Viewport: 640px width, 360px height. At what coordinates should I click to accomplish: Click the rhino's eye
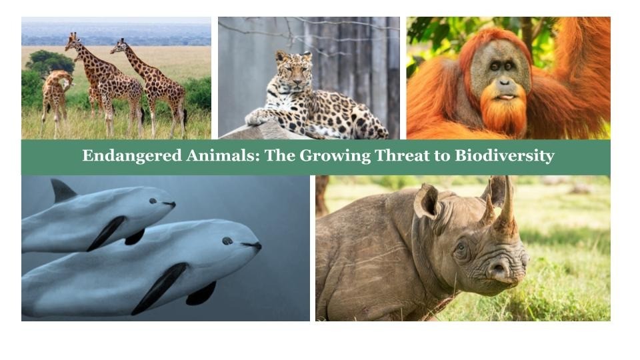[x=461, y=247]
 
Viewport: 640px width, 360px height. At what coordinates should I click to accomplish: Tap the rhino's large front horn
[x=506, y=207]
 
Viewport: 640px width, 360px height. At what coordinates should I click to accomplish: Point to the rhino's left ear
[x=426, y=200]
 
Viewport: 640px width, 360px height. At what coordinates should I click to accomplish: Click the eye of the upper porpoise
[x=153, y=200]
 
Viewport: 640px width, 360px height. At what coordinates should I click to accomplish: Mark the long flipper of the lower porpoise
[x=160, y=287]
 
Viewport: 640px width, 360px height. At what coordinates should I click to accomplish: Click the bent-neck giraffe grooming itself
[x=57, y=93]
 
